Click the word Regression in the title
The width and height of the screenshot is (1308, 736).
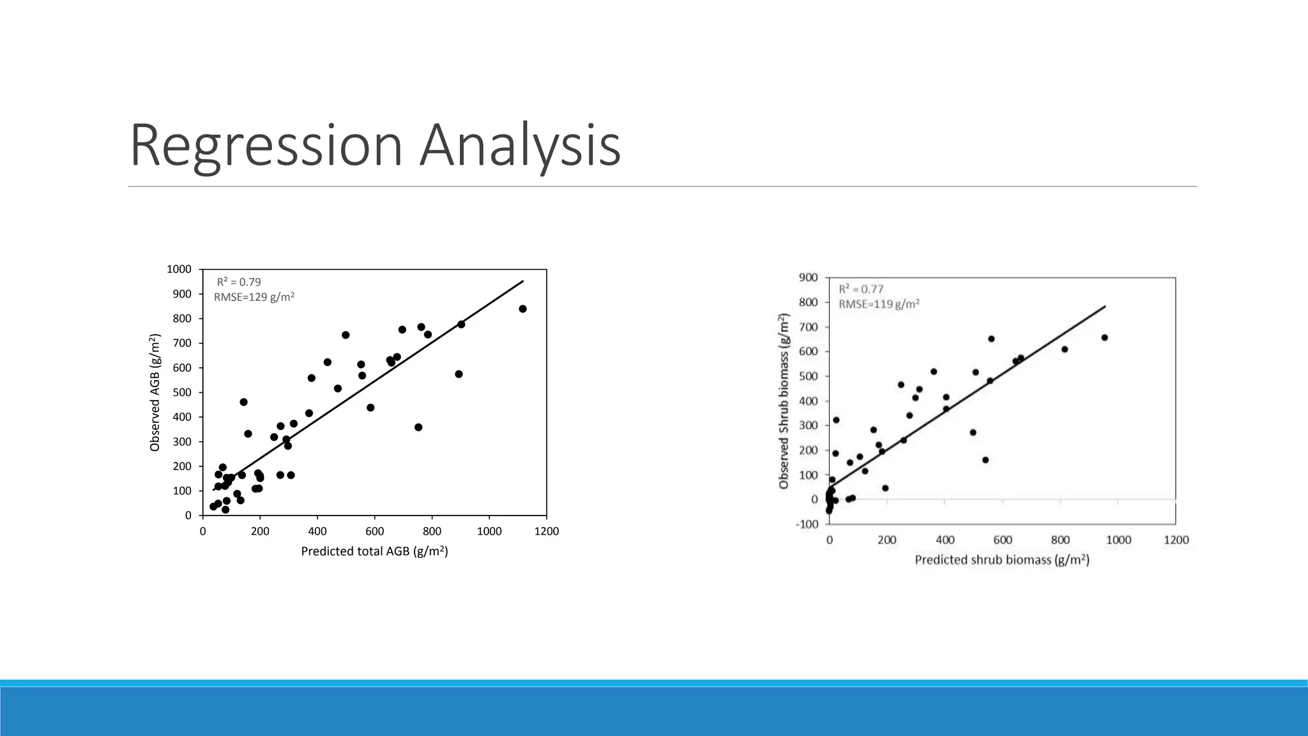(266, 146)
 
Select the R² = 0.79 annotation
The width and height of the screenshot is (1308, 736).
(239, 282)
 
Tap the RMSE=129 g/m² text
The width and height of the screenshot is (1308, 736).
(254, 296)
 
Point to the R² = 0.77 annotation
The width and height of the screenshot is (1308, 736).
(861, 289)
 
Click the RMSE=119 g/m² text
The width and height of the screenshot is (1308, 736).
(879, 304)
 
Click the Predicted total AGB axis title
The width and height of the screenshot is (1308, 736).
(374, 551)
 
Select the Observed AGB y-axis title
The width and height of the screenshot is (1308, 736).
(155, 392)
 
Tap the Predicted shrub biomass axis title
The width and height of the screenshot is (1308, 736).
(1001, 560)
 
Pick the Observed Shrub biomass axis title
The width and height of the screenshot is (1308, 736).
(784, 401)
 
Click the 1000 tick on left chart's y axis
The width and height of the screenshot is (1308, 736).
(179, 269)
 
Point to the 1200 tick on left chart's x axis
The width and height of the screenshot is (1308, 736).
(546, 531)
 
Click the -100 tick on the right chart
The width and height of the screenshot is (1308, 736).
(807, 524)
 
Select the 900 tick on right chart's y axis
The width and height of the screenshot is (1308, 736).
(808, 277)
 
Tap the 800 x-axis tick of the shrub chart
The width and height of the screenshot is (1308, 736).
(1060, 540)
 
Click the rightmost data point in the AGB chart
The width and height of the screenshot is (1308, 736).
(522, 309)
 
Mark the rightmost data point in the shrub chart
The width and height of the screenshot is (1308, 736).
(1104, 337)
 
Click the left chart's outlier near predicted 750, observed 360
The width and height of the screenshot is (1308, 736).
(418, 427)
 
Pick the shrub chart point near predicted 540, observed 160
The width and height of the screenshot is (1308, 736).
(985, 460)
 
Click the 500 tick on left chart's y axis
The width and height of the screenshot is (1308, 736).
(182, 392)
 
